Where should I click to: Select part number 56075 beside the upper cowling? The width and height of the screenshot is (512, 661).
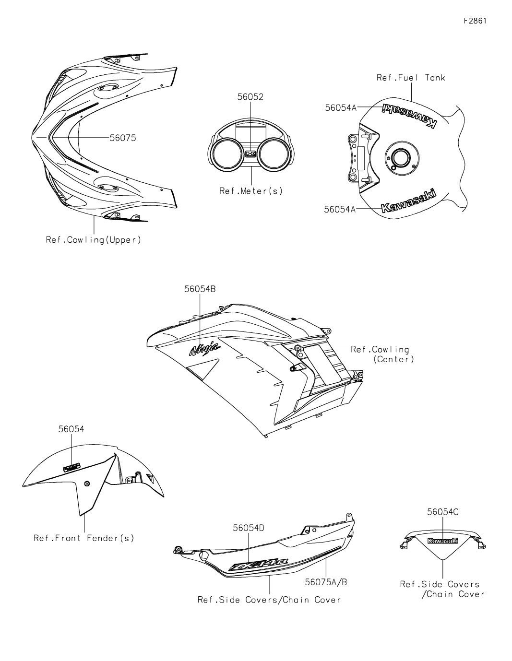pyautogui.click(x=123, y=138)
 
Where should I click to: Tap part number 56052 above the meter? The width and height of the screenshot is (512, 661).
pyautogui.click(x=250, y=97)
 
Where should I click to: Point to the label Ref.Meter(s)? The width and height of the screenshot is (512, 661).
pyautogui.click(x=251, y=191)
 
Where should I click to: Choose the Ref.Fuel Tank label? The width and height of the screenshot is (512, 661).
pyautogui.click(x=411, y=77)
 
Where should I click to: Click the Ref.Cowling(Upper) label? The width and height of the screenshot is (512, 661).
pyautogui.click(x=94, y=239)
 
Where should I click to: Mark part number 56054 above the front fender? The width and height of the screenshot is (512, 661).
pyautogui.click(x=71, y=429)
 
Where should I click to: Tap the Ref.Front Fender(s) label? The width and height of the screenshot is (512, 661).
pyautogui.click(x=84, y=538)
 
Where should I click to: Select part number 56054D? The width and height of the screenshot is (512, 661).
pyautogui.click(x=249, y=528)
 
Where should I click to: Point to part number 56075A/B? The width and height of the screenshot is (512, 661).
pyautogui.click(x=326, y=582)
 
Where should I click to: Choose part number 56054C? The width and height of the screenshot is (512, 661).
pyautogui.click(x=443, y=512)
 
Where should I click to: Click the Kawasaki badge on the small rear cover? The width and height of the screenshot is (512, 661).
pyautogui.click(x=442, y=541)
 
